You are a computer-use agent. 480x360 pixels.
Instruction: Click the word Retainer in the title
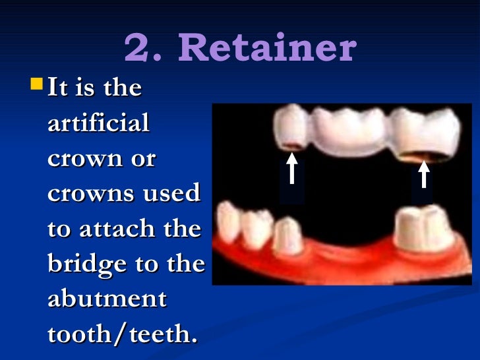coord(268,49)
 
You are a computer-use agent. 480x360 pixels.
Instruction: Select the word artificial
coord(98,123)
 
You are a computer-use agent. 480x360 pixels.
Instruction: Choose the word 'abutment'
coord(107,299)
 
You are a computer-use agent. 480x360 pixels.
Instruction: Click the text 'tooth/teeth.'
coord(123,334)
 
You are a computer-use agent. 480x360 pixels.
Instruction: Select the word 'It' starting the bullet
coord(57,88)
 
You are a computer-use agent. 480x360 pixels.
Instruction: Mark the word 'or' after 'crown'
coord(142,159)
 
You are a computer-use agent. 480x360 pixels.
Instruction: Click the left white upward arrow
coord(291,169)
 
